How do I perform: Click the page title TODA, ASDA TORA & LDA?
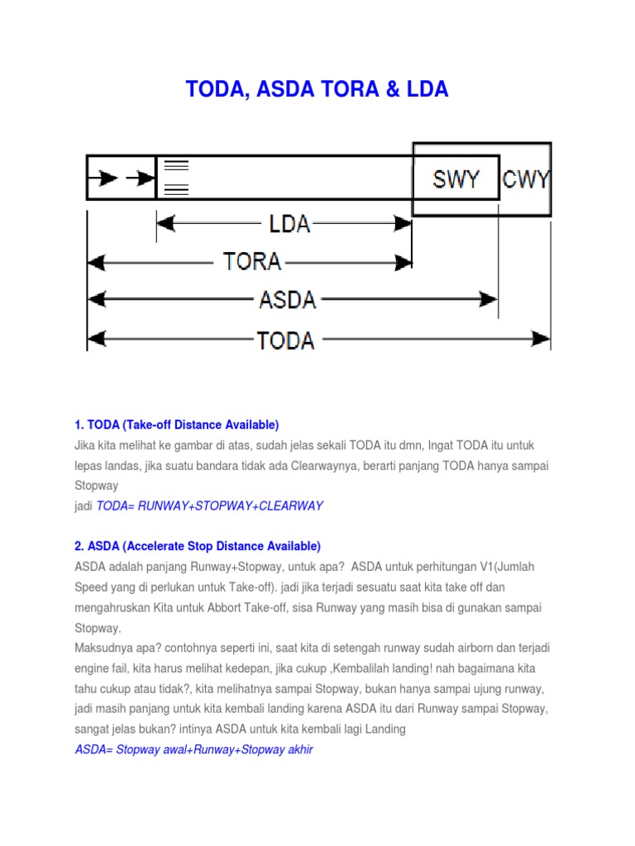(x=317, y=90)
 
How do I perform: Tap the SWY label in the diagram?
(x=456, y=178)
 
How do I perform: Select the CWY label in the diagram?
(x=527, y=178)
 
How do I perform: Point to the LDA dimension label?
(x=289, y=223)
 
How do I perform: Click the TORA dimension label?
(x=252, y=262)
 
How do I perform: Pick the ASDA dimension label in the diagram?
(x=288, y=298)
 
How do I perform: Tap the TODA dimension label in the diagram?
(x=286, y=339)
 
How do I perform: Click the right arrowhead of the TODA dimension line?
(x=541, y=338)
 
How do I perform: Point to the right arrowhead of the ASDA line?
(x=489, y=297)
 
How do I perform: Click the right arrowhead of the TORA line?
(x=403, y=262)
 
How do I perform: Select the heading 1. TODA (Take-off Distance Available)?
(x=177, y=425)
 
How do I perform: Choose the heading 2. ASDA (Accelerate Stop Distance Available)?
(x=198, y=546)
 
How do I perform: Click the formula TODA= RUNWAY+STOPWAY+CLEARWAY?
(x=210, y=506)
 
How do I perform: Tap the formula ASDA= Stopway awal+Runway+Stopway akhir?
(x=193, y=749)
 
